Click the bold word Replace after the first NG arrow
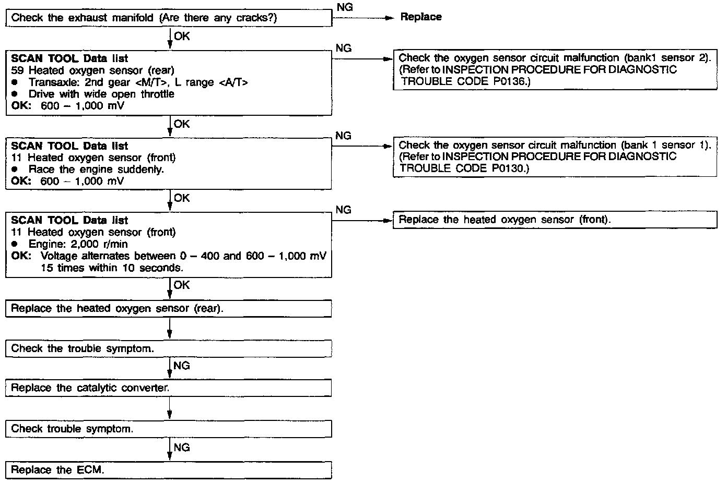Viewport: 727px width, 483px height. [x=420, y=17]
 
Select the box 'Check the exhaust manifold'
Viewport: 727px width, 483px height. [x=169, y=18]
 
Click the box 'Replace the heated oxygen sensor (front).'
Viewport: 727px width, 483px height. [x=555, y=220]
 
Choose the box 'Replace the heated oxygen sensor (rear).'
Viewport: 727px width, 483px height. [x=169, y=308]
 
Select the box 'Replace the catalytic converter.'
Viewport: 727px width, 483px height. [x=169, y=388]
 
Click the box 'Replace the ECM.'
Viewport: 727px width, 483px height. [x=169, y=470]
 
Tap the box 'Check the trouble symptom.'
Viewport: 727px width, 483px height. [x=169, y=348]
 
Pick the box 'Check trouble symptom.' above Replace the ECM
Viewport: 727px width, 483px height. [x=169, y=429]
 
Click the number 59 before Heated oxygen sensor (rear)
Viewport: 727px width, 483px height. [x=17, y=70]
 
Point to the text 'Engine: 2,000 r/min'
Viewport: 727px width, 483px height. [x=78, y=244]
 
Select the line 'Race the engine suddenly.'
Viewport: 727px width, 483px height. [x=96, y=170]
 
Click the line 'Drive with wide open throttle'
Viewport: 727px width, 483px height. [x=101, y=94]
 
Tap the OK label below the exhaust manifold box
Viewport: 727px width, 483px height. [x=182, y=37]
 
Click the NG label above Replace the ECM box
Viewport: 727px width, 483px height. [x=182, y=448]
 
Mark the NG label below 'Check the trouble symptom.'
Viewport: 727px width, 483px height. [x=182, y=366]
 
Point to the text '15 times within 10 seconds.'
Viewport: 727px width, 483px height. [x=112, y=268]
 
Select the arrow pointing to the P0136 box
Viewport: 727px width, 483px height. [x=362, y=58]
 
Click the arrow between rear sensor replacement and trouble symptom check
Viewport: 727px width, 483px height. [x=170, y=329]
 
